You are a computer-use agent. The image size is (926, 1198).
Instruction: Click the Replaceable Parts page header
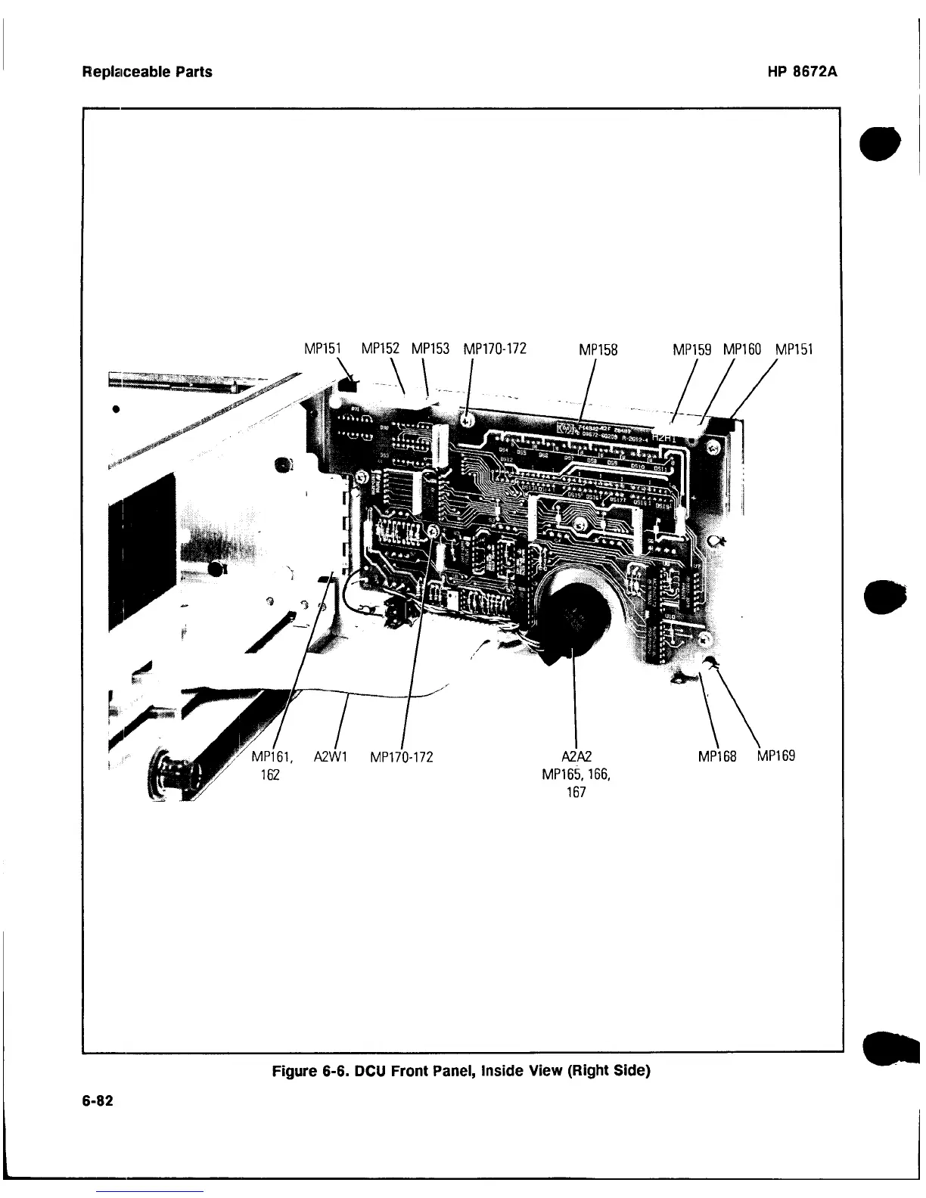point(147,73)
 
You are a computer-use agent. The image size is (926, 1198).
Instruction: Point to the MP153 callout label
point(430,349)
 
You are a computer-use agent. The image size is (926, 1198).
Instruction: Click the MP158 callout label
point(598,350)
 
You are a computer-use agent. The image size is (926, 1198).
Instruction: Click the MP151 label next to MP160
point(794,350)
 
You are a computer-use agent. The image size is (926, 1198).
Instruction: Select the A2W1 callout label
point(330,756)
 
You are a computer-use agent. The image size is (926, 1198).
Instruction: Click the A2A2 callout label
point(577,756)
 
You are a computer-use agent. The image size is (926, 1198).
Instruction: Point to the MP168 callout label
point(718,756)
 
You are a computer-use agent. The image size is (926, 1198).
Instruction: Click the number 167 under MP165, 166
point(576,793)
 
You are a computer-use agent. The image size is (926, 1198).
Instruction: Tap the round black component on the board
point(574,620)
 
